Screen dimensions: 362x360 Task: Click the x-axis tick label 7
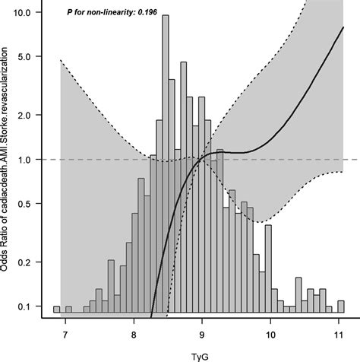point(65,332)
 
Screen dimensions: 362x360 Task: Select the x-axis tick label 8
point(134,332)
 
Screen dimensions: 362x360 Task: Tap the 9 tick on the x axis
point(202,332)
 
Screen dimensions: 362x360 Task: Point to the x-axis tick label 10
point(271,332)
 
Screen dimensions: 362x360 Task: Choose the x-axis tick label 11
point(339,332)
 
